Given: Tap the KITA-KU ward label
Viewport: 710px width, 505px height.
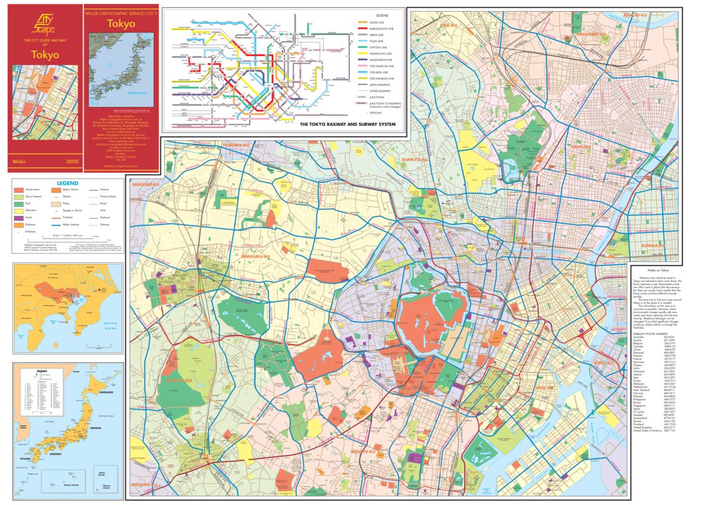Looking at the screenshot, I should tap(448, 26).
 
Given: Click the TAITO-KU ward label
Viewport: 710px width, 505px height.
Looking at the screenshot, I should tap(581, 147).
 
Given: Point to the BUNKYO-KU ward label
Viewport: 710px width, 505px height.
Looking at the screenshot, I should tap(415, 159).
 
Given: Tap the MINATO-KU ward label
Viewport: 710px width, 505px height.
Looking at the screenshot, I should tap(366, 453).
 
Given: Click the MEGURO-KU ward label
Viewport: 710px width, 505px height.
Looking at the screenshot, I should tap(143, 485).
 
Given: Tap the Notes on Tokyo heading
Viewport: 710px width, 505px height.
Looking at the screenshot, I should tap(658, 270).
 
